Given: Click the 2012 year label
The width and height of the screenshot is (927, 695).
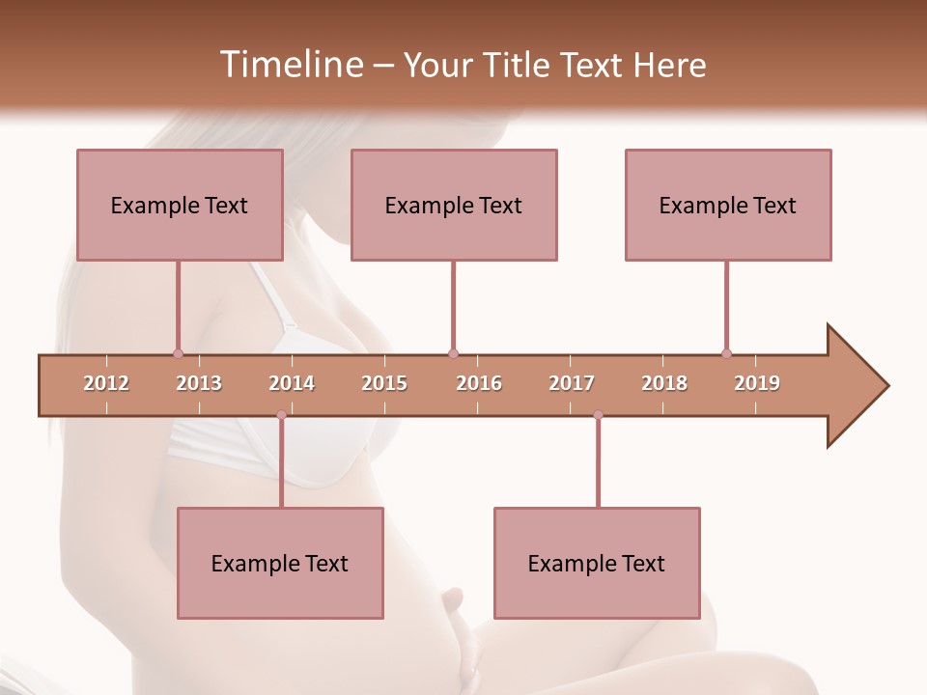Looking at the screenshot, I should [106, 383].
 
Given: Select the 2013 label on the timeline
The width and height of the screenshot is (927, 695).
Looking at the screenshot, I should [199, 383].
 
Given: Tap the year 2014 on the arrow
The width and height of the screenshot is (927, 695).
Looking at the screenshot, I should [292, 383].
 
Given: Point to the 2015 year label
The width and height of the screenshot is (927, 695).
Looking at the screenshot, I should [384, 383].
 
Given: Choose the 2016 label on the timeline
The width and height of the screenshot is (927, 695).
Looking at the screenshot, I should [479, 383].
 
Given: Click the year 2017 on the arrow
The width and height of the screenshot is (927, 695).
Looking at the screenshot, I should [572, 383].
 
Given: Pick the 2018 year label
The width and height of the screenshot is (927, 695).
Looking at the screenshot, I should [664, 383].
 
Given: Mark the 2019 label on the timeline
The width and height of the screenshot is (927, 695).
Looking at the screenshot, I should [757, 383].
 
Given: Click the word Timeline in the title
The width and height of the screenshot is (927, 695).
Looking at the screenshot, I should [290, 65].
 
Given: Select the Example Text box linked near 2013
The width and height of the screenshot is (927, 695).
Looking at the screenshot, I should [180, 205].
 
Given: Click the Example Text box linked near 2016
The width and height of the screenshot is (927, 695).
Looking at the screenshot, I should [454, 205].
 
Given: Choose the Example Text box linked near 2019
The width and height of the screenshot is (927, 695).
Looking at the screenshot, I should [728, 205].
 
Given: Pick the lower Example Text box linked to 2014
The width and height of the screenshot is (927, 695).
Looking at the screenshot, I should [280, 563].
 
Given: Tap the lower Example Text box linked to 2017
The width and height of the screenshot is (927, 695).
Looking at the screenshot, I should [597, 563].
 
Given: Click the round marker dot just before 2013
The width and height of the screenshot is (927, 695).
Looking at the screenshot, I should [178, 353].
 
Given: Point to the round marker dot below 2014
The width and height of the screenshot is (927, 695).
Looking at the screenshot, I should [281, 415].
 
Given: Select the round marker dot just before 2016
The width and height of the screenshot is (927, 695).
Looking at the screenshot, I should [453, 353].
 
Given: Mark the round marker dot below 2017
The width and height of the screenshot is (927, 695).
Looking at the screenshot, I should [598, 415].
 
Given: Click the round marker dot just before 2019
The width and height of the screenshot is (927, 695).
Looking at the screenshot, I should [726, 353].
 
